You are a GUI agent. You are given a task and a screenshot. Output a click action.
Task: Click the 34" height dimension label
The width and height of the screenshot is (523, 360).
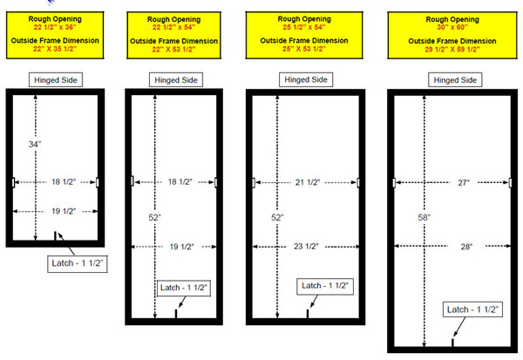point(35,144)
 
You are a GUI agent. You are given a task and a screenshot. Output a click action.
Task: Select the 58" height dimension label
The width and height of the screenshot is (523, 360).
point(424,218)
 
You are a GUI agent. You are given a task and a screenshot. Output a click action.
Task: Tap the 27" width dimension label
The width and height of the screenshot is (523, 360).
point(464,182)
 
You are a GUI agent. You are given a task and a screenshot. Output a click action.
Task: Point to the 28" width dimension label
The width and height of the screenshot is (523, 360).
point(466,247)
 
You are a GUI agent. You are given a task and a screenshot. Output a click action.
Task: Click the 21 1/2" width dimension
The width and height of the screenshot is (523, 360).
point(308,182)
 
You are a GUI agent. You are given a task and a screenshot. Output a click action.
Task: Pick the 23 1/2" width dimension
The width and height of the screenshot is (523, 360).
point(306,246)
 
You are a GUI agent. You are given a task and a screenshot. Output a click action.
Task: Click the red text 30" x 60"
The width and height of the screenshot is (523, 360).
point(452,27)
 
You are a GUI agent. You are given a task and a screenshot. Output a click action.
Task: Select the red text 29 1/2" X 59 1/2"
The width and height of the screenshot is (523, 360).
point(452,50)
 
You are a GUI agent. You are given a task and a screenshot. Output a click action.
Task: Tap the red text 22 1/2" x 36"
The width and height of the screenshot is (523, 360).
point(55,27)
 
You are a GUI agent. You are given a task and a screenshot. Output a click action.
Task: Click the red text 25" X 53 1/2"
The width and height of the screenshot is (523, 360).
point(304,49)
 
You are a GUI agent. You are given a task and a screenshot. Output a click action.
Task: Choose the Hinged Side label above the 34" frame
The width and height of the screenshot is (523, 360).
point(56,80)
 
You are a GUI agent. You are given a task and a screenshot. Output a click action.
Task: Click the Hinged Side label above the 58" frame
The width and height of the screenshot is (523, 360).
point(455,80)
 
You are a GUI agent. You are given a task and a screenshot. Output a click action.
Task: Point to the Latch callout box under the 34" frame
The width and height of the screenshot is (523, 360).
point(78,263)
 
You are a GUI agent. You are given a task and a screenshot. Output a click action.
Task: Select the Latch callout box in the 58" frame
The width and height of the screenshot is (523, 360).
point(472,309)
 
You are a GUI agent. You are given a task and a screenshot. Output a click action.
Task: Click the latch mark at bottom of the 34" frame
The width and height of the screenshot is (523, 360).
point(56,235)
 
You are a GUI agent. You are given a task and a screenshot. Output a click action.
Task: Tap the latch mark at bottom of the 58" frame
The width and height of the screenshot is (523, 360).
point(452,343)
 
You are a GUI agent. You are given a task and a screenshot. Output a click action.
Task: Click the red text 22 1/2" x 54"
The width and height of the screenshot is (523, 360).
point(173,27)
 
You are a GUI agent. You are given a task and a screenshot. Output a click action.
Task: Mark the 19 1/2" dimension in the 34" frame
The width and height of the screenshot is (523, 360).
point(64,211)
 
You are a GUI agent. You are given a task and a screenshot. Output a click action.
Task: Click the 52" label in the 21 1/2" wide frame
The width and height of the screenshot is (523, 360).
point(277,218)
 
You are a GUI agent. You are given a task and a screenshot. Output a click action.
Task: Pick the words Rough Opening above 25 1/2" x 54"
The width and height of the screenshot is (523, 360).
point(304,19)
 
